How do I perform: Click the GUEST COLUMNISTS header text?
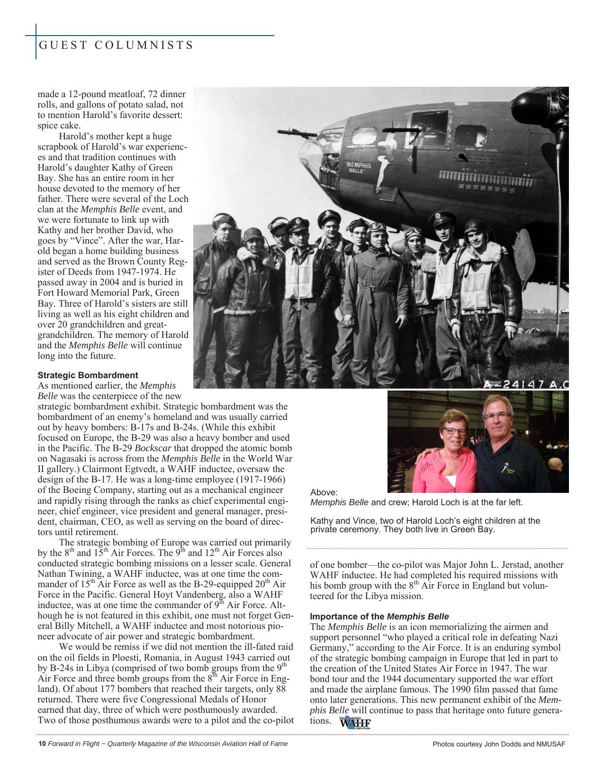click(x=116, y=45)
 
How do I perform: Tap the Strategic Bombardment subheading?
click(x=88, y=375)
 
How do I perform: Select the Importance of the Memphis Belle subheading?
click(x=379, y=617)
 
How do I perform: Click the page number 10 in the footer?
click(x=42, y=744)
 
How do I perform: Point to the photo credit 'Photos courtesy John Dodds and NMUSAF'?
click(x=499, y=744)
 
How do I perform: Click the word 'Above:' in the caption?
click(x=324, y=493)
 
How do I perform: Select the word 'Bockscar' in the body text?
click(x=153, y=448)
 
